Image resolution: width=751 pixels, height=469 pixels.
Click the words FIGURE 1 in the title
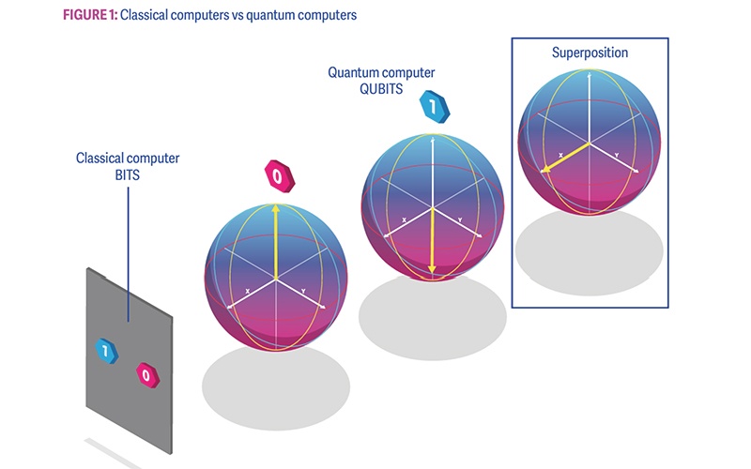click(91, 15)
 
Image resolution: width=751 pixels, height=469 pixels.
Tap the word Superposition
click(590, 53)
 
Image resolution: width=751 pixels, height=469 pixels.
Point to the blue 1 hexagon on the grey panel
click(106, 351)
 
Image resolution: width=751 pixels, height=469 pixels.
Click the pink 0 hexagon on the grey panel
click(145, 374)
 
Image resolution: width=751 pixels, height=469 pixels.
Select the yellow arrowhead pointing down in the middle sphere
click(432, 269)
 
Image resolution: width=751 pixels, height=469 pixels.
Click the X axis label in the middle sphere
click(404, 220)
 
